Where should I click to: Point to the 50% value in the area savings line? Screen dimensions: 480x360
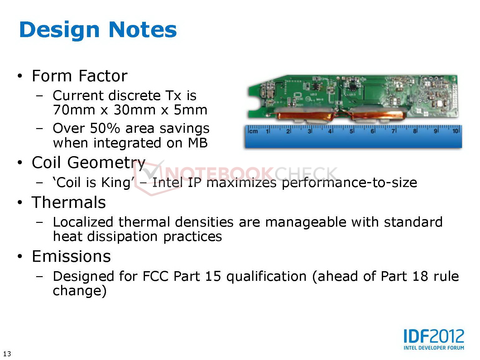tap(105, 128)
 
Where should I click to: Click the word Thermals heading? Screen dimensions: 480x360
tap(69, 202)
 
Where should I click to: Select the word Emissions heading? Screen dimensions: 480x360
tap(71, 256)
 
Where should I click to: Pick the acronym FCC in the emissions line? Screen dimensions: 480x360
tap(156, 276)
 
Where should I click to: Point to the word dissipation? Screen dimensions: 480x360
tap(122, 237)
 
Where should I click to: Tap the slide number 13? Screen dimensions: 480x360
tap(7, 353)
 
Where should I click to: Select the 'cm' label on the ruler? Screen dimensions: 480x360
tap(253, 131)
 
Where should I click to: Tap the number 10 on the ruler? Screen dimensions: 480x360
tap(455, 131)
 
